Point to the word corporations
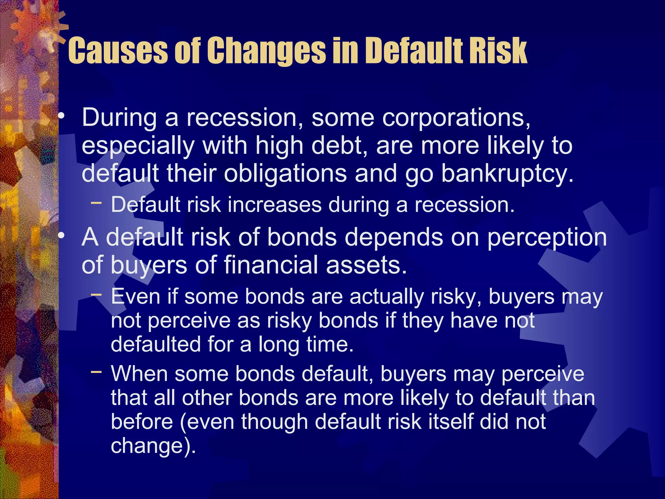pyautogui.click(x=421, y=118)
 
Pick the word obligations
pyautogui.click(x=285, y=173)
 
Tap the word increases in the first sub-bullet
pyautogui.click(x=274, y=205)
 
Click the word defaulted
pyautogui.click(x=156, y=344)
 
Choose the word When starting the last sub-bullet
pyautogui.click(x=139, y=374)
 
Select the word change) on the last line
pyautogui.click(x=153, y=446)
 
